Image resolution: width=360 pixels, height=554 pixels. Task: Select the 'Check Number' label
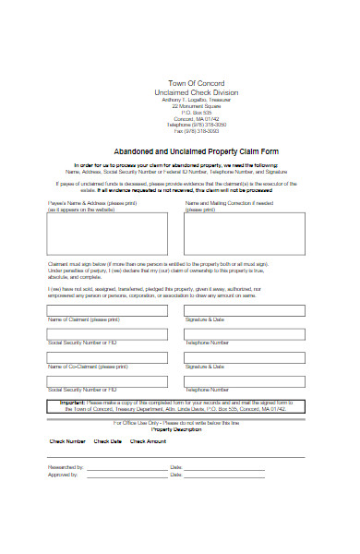click(x=66, y=441)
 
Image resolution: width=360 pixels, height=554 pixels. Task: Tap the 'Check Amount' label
click(x=148, y=441)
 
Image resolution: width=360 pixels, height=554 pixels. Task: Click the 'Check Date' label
click(x=108, y=441)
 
